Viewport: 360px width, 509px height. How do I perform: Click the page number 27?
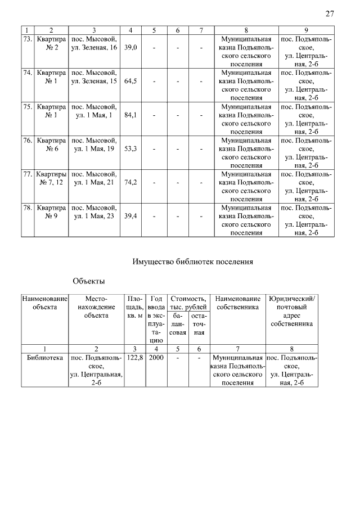tap(330, 14)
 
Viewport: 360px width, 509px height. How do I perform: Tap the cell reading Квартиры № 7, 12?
tap(51, 178)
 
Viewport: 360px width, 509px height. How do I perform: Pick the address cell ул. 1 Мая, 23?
tap(93, 216)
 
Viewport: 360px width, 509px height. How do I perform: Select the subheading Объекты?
tap(89, 281)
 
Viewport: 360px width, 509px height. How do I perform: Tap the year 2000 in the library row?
tap(156, 358)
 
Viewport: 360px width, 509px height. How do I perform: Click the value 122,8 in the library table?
tap(134, 358)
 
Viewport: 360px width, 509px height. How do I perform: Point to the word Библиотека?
tap(44, 358)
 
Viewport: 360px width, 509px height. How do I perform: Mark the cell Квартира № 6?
tap(51, 145)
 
